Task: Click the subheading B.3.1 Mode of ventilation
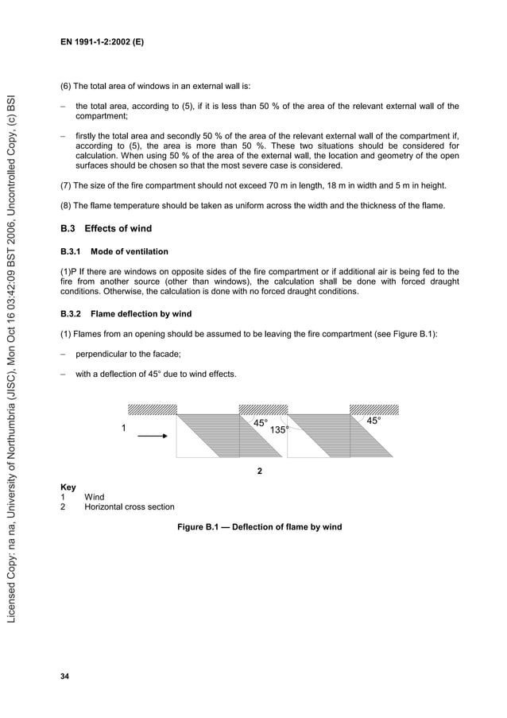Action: pyautogui.click(x=114, y=251)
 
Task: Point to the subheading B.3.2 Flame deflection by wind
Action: pyautogui.click(x=126, y=313)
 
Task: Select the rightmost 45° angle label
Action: pyautogui.click(x=373, y=420)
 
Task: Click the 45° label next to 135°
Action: pyautogui.click(x=261, y=423)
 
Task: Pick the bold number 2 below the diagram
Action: pyautogui.click(x=260, y=472)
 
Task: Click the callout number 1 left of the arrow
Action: pyautogui.click(x=123, y=429)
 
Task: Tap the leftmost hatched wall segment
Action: pyautogui.click(x=152, y=409)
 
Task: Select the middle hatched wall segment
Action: pyautogui.click(x=264, y=409)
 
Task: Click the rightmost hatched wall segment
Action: pyautogui.click(x=374, y=409)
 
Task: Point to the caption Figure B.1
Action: pyautogui.click(x=259, y=526)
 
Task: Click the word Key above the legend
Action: pyautogui.click(x=68, y=487)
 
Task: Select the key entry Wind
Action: pyautogui.click(x=94, y=497)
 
